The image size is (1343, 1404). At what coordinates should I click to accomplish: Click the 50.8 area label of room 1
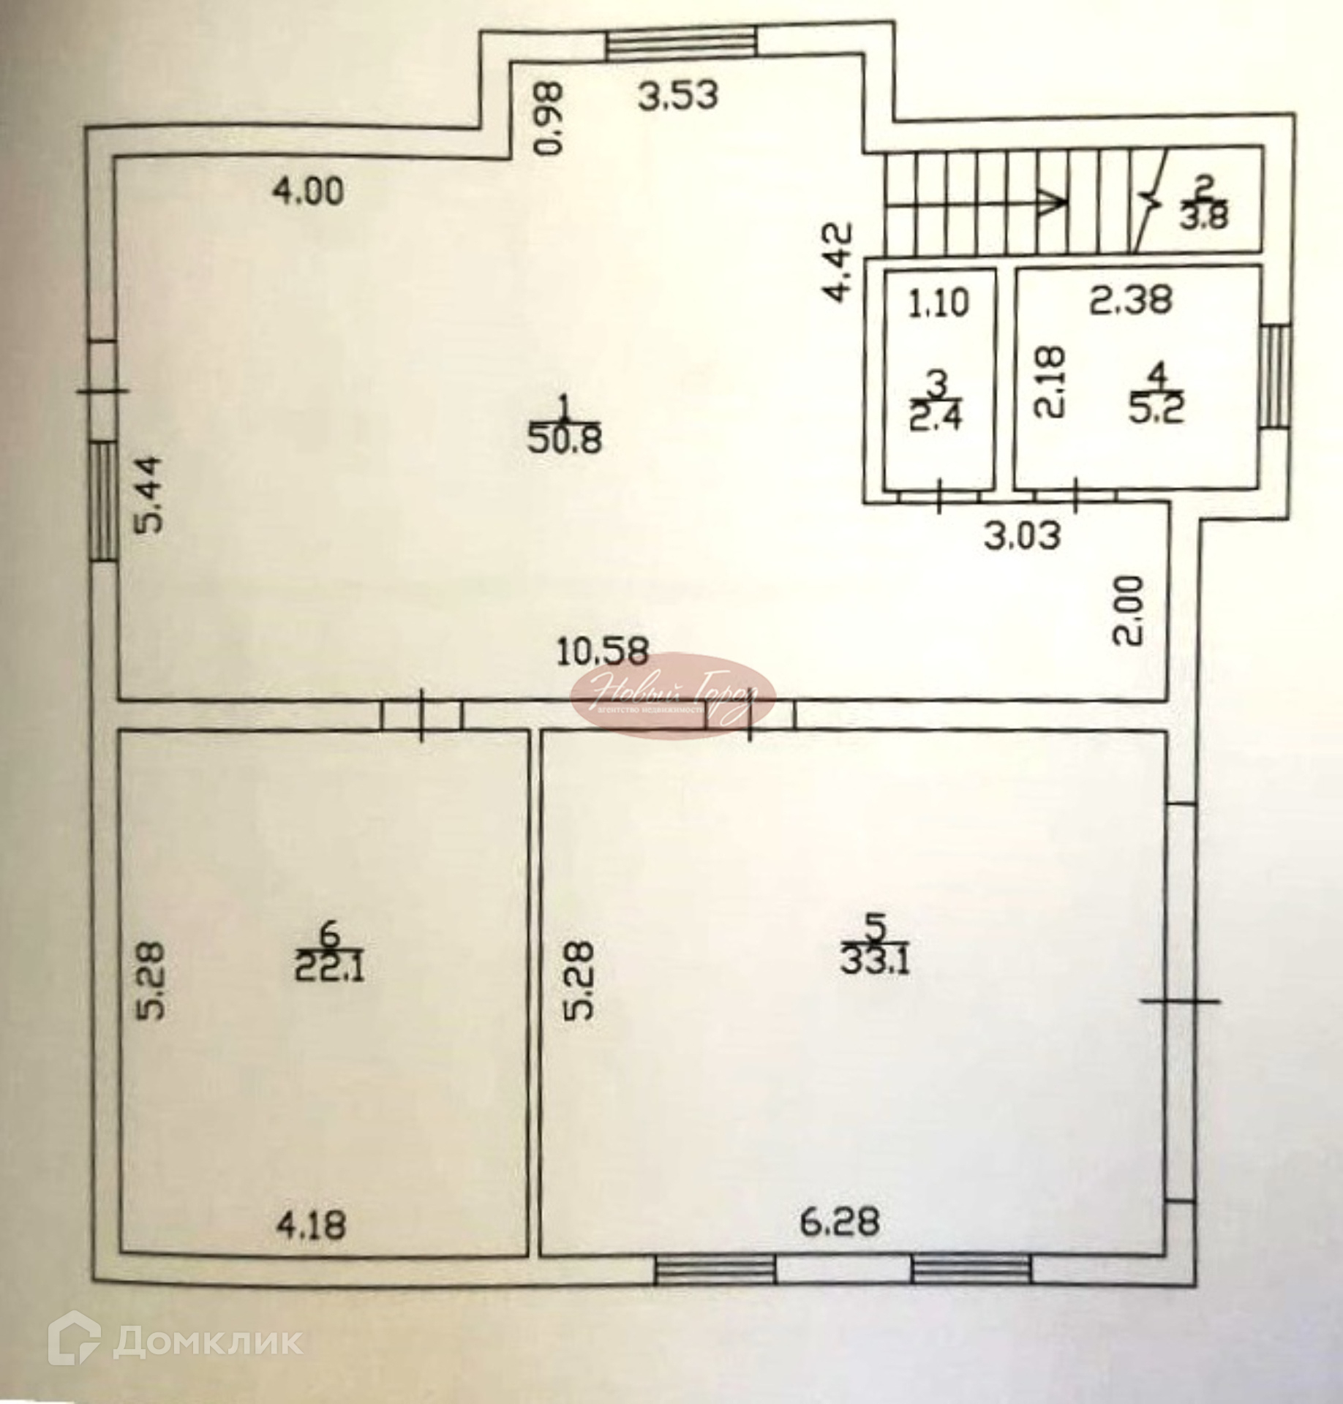click(564, 441)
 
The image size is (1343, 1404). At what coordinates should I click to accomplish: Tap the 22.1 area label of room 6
click(329, 970)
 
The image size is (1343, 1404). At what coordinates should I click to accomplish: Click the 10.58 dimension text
click(602, 652)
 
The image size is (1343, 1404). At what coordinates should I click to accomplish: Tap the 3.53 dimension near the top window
click(678, 96)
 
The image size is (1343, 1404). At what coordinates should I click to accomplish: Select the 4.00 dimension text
click(307, 192)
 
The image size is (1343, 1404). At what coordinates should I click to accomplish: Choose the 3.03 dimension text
click(1021, 536)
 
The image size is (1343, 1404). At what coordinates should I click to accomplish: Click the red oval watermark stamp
click(672, 695)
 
